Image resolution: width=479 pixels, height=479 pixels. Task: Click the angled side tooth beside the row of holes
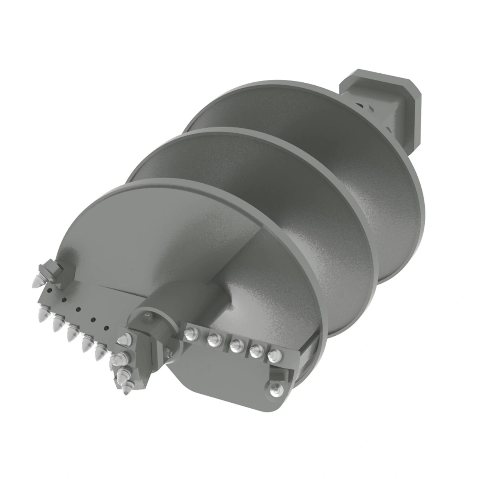(x=47, y=271)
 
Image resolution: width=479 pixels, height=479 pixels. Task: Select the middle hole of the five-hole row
(x=79, y=309)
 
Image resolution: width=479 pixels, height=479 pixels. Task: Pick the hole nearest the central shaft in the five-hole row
(x=107, y=328)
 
